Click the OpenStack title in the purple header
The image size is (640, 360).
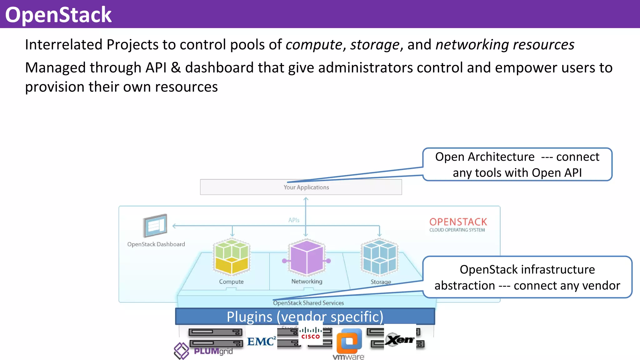[58, 15]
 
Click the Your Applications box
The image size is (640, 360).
[301, 187]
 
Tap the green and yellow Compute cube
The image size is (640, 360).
[232, 257]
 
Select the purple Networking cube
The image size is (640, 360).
[307, 257]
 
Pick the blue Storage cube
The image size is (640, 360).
[379, 257]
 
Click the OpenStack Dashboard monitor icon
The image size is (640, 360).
[155, 225]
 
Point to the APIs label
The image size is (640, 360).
[294, 220]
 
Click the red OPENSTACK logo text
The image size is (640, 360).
[458, 222]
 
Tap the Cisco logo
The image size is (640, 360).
[310, 333]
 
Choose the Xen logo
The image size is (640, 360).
[400, 339]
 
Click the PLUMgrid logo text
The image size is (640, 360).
[213, 351]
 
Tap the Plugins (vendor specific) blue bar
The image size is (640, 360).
[305, 317]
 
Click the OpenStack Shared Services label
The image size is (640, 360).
[308, 303]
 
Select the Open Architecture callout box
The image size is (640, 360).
[517, 164]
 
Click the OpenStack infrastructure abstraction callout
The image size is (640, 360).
[527, 277]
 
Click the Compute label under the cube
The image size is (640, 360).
[231, 282]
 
